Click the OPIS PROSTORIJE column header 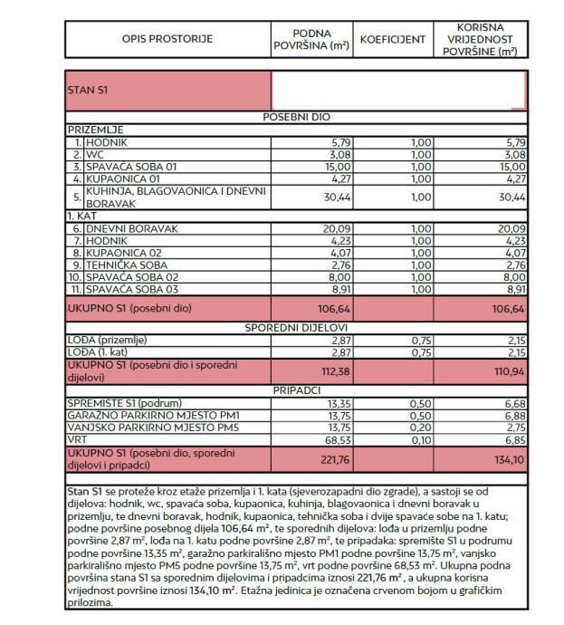pos(168,40)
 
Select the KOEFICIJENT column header pos(393,40)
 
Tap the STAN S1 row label pos(87,91)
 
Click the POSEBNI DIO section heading pos(297,117)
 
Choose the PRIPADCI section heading pos(297,389)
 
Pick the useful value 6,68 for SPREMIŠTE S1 pos(513,401)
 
